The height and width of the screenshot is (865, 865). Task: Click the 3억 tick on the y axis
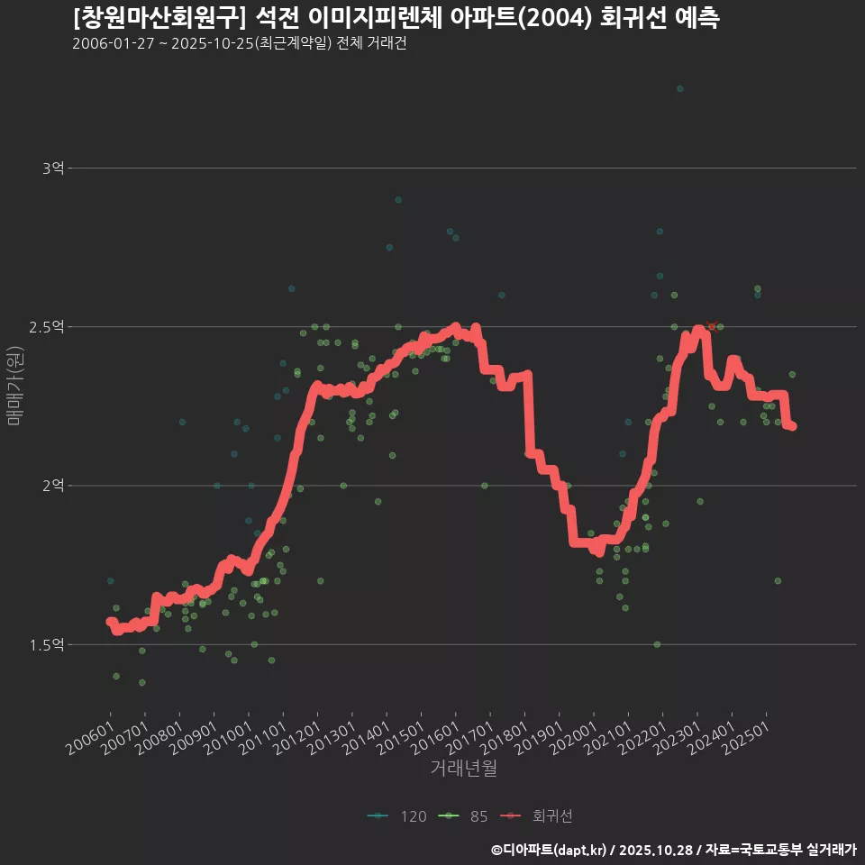click(x=53, y=168)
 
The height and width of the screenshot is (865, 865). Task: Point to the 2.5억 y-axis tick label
click(x=48, y=326)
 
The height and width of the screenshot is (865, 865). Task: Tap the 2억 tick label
click(x=53, y=486)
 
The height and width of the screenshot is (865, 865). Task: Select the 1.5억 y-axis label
click(x=48, y=644)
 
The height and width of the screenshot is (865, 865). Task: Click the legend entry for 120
click(x=397, y=816)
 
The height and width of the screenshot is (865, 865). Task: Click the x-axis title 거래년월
click(x=464, y=768)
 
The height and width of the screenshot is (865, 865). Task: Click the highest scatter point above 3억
click(x=680, y=88)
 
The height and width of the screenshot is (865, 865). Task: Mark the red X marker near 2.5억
click(x=712, y=326)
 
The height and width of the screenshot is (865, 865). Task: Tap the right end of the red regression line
click(x=792, y=426)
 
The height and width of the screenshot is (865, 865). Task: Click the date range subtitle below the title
click(x=239, y=44)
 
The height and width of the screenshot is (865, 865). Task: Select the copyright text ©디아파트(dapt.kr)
click(x=554, y=850)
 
